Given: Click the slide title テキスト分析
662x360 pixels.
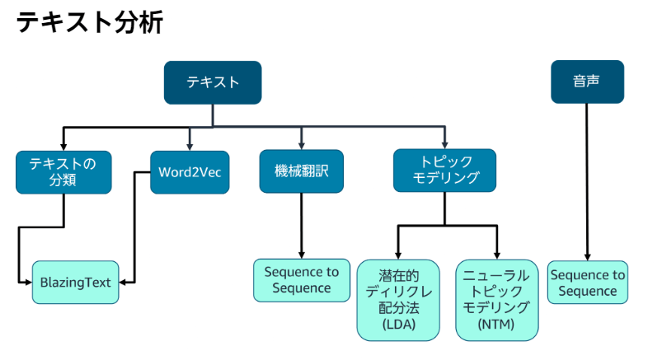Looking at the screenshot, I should tap(90, 22).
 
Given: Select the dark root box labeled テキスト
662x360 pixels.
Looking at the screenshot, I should tap(213, 82).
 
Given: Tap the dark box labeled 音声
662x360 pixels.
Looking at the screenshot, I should tap(587, 82).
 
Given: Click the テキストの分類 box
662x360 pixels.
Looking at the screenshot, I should tap(63, 171).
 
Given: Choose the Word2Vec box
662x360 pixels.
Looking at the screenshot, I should tap(190, 171).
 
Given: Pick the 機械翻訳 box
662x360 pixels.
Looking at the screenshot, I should tap(301, 171).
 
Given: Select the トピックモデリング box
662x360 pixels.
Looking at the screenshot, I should tap(444, 171).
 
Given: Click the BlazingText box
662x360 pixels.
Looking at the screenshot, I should tap(76, 282).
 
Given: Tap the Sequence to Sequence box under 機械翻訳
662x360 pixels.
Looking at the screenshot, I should tap(301, 280).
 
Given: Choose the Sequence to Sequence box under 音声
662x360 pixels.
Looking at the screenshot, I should tap(587, 283).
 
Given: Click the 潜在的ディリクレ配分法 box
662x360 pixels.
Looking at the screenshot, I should tap(399, 300).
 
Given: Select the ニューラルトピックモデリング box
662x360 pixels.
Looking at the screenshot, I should tap(498, 300).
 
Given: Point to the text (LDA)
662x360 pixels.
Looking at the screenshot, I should tap(399, 325).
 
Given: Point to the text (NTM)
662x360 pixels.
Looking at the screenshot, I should tap(498, 325).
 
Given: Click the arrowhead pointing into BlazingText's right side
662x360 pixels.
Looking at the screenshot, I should tap(126, 282).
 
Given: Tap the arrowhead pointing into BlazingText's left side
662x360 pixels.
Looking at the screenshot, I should tap(26, 282).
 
